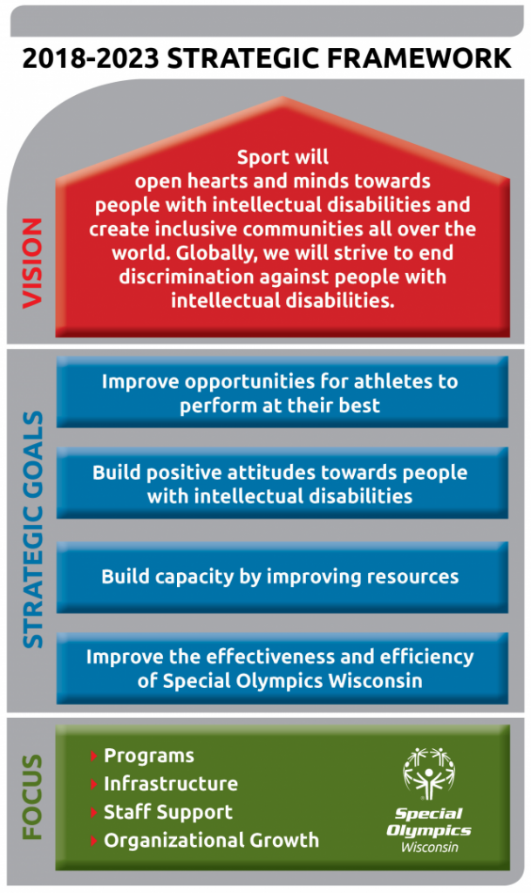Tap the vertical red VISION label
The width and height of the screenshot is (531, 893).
click(x=32, y=263)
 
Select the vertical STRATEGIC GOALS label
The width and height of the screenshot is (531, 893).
click(x=32, y=529)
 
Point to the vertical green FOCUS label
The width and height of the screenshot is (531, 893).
click(x=32, y=797)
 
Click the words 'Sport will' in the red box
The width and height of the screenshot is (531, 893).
click(x=283, y=157)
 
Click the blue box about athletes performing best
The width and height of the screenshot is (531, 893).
click(x=283, y=392)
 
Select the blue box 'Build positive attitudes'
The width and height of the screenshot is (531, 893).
click(x=283, y=483)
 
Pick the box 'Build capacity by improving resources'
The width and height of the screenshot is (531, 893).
click(x=283, y=577)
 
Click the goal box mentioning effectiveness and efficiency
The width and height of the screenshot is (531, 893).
click(x=283, y=668)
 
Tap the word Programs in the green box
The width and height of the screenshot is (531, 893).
click(x=149, y=756)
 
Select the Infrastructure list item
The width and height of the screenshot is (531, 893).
click(x=171, y=784)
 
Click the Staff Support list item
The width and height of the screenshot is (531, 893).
click(x=168, y=812)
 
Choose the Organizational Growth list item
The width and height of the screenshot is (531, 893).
click(x=212, y=840)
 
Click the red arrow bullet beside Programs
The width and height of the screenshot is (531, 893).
click(x=94, y=756)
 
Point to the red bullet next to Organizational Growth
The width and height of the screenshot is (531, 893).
click(x=94, y=841)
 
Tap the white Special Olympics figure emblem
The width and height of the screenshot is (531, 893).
click(x=429, y=773)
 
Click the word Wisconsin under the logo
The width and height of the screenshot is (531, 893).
click(x=429, y=847)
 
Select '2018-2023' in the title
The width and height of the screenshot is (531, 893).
click(x=91, y=58)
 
